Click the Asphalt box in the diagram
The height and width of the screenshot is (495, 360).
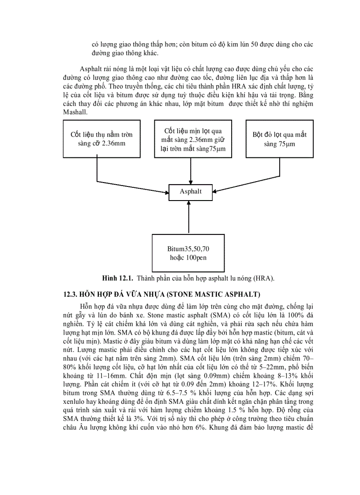(191, 192)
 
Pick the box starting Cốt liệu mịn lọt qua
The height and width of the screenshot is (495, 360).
(191, 139)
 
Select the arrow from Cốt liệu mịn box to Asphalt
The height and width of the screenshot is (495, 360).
(191, 170)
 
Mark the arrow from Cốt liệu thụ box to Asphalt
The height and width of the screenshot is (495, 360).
(132, 181)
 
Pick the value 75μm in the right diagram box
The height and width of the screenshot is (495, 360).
(287, 144)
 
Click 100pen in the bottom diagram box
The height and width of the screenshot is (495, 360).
(198, 257)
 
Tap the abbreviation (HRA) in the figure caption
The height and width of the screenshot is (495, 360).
(265, 279)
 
